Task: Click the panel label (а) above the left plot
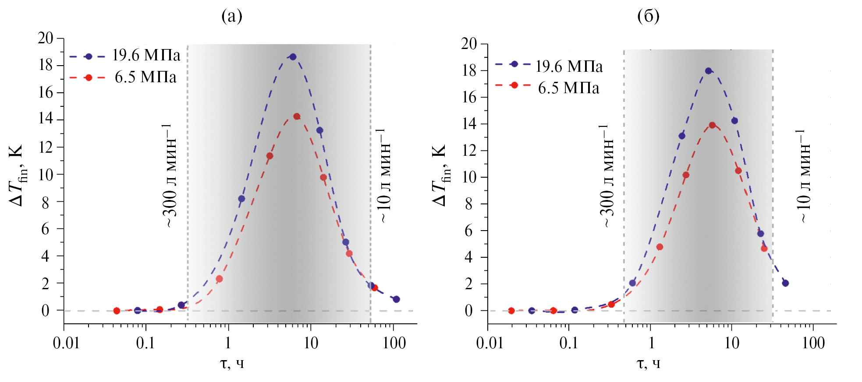[232, 16]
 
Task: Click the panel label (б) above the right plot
[648, 16]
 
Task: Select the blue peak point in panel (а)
[293, 57]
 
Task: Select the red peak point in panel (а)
[297, 116]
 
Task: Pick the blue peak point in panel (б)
[708, 71]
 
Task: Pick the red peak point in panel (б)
[712, 125]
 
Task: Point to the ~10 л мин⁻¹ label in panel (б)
[803, 176]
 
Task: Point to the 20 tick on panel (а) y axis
[46, 39]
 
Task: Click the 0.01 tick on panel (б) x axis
[490, 343]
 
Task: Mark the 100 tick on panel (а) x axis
[394, 343]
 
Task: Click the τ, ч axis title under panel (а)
[232, 363]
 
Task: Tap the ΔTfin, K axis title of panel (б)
[440, 175]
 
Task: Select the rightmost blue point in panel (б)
[785, 283]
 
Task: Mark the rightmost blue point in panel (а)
[396, 299]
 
